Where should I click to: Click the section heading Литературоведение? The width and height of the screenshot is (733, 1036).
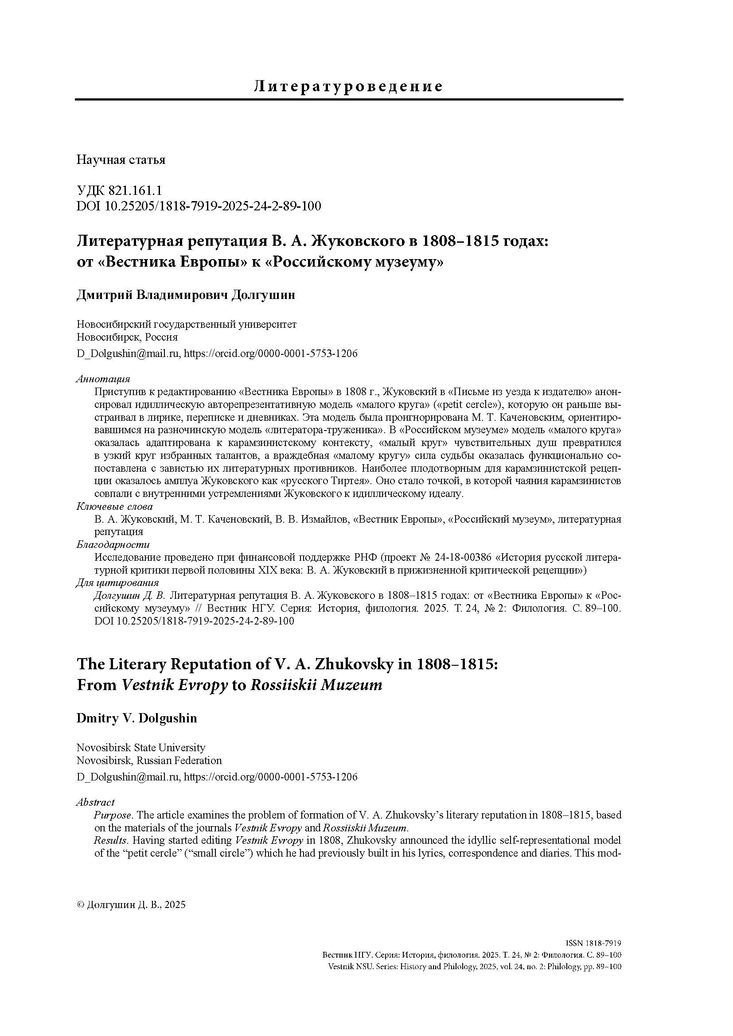pyautogui.click(x=348, y=86)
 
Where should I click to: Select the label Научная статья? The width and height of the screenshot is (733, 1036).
pyautogui.click(x=121, y=160)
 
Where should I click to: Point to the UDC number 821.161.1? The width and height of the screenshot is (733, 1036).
pyautogui.click(x=133, y=191)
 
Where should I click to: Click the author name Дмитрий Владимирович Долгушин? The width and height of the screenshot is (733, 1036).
pyautogui.click(x=186, y=295)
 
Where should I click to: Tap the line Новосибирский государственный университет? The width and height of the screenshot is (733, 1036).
pyautogui.click(x=187, y=324)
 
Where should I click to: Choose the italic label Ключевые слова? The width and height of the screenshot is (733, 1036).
pyautogui.click(x=115, y=506)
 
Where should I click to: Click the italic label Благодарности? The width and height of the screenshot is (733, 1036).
pyautogui.click(x=113, y=545)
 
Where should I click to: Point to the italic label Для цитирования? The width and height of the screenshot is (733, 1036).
pyautogui.click(x=118, y=583)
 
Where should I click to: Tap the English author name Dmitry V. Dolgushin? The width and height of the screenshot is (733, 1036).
pyautogui.click(x=137, y=718)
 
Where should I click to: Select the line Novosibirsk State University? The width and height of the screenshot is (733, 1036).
pyautogui.click(x=141, y=748)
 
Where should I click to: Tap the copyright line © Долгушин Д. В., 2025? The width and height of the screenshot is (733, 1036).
pyautogui.click(x=131, y=905)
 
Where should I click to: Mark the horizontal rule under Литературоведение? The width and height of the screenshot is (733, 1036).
pyautogui.click(x=348, y=99)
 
